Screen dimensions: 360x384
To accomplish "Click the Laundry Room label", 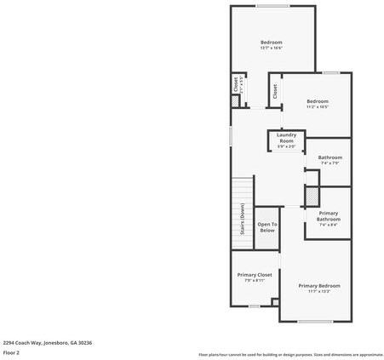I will pos(286,139).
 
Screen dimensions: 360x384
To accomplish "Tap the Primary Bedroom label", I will pos(319,285).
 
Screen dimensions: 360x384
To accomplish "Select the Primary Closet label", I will pos(255,275).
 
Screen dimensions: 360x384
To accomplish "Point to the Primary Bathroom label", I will pos(329,216).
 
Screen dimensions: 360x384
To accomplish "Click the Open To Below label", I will pos(267,227).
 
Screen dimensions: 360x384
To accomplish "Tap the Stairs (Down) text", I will pos(243,219).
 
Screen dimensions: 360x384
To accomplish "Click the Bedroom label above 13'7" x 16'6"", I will pos(271,42).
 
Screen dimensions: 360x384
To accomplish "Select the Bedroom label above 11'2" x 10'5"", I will pos(317,101).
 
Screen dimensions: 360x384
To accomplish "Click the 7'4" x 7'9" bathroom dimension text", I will pos(330,163).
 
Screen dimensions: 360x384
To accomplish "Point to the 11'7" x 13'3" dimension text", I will pos(319,292).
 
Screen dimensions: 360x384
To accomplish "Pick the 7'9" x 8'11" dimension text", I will pos(255,281).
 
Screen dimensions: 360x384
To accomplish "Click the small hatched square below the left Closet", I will pos(236,100).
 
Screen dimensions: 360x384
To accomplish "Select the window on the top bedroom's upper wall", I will pos(273,7).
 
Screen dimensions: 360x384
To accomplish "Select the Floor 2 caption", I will pos(12,352).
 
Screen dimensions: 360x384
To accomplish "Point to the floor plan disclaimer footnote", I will pos(290,354).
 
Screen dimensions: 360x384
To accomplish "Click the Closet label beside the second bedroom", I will pos(275,89).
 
